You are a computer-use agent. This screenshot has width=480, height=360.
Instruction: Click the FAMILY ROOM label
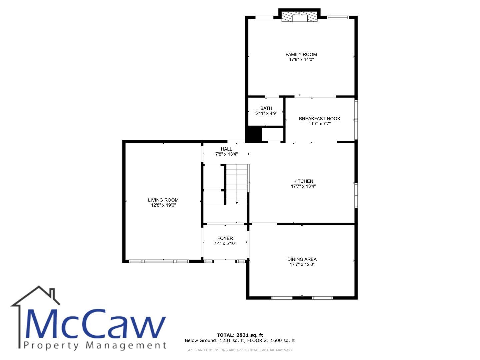pos(301,54)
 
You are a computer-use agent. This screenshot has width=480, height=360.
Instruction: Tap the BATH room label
pos(266,108)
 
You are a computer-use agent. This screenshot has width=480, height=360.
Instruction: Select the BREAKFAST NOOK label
pos(319,119)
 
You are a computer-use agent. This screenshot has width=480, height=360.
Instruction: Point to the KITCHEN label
pos(303,181)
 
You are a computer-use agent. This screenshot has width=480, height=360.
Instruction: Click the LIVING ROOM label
pos(163,200)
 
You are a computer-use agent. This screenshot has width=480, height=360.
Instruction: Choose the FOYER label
pos(225,238)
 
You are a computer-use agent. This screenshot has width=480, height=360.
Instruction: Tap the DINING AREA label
pos(302,259)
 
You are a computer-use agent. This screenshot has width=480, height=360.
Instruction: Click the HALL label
pos(226,149)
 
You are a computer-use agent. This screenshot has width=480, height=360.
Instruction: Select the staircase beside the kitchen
pos(237,184)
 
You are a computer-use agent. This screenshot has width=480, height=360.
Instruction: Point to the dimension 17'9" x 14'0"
pos(301,59)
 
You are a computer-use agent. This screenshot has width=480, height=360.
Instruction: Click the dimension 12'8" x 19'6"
pos(163,205)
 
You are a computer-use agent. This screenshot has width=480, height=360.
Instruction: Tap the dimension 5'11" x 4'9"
pos(266,113)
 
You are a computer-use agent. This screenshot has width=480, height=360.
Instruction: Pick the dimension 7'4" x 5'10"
pos(225,243)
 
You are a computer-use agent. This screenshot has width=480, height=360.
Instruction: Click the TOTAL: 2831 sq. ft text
pos(240,335)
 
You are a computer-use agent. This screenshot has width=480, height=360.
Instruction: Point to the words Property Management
pos(95,346)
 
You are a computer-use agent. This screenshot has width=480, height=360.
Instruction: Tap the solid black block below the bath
pos(253,134)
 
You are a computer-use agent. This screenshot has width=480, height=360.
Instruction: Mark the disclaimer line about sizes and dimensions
pos(240,350)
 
